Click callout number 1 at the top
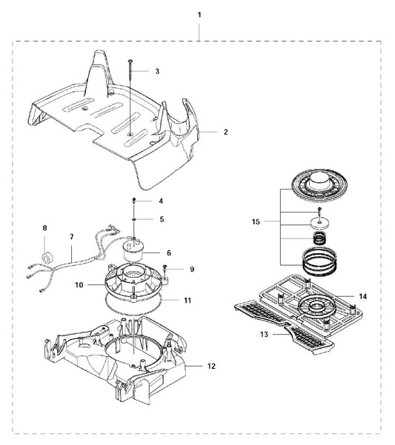coord(199,15)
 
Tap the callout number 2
coord(225,132)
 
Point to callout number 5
coord(162,219)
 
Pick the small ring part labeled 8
coord(46,258)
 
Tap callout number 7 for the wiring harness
coord(72,236)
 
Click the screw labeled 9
coord(165,268)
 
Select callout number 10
coord(79,284)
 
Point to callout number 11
coord(187,301)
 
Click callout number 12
coord(211,366)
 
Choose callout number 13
coord(264,335)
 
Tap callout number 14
coord(363,296)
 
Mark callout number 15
coord(256,221)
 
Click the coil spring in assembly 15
coord(319,238)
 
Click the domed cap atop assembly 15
coord(318,186)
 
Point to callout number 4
coord(161,201)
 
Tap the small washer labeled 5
coord(133,219)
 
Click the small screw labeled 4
coord(133,201)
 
